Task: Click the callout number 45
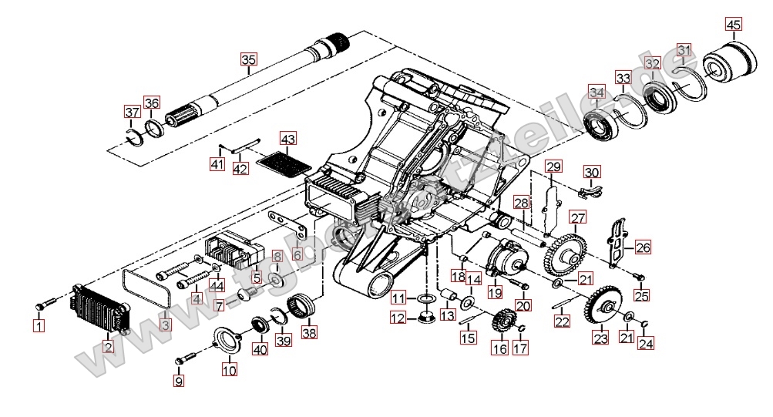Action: click(733, 25)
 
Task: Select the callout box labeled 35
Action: click(247, 60)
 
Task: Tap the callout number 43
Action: click(287, 140)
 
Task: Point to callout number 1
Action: click(39, 326)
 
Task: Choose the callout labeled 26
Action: click(643, 248)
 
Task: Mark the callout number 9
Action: click(180, 380)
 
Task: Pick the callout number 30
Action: click(591, 172)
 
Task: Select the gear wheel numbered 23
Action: click(599, 306)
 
